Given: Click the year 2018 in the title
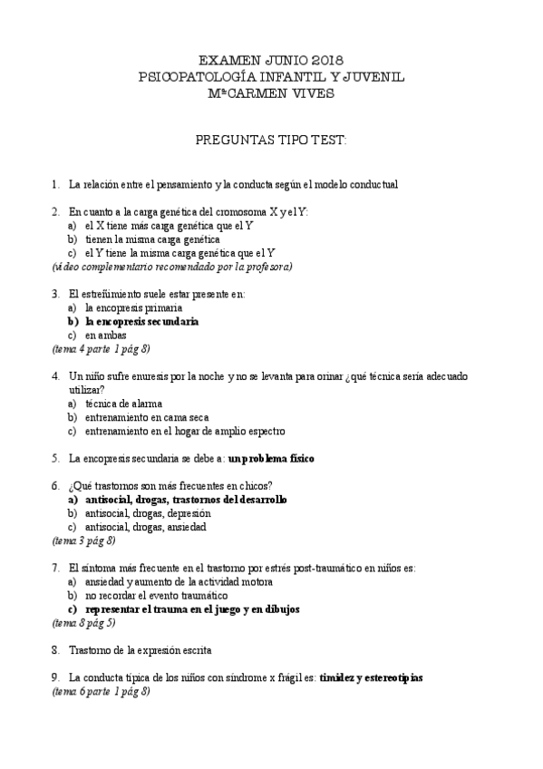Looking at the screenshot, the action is click(x=325, y=60).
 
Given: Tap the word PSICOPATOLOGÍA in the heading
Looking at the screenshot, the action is click(x=200, y=78).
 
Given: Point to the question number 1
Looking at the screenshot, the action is click(x=55, y=184).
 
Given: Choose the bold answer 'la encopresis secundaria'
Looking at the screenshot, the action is click(x=141, y=321).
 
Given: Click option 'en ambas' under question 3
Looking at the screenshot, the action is click(x=105, y=335).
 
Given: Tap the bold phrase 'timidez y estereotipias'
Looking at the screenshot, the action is click(x=371, y=677).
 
